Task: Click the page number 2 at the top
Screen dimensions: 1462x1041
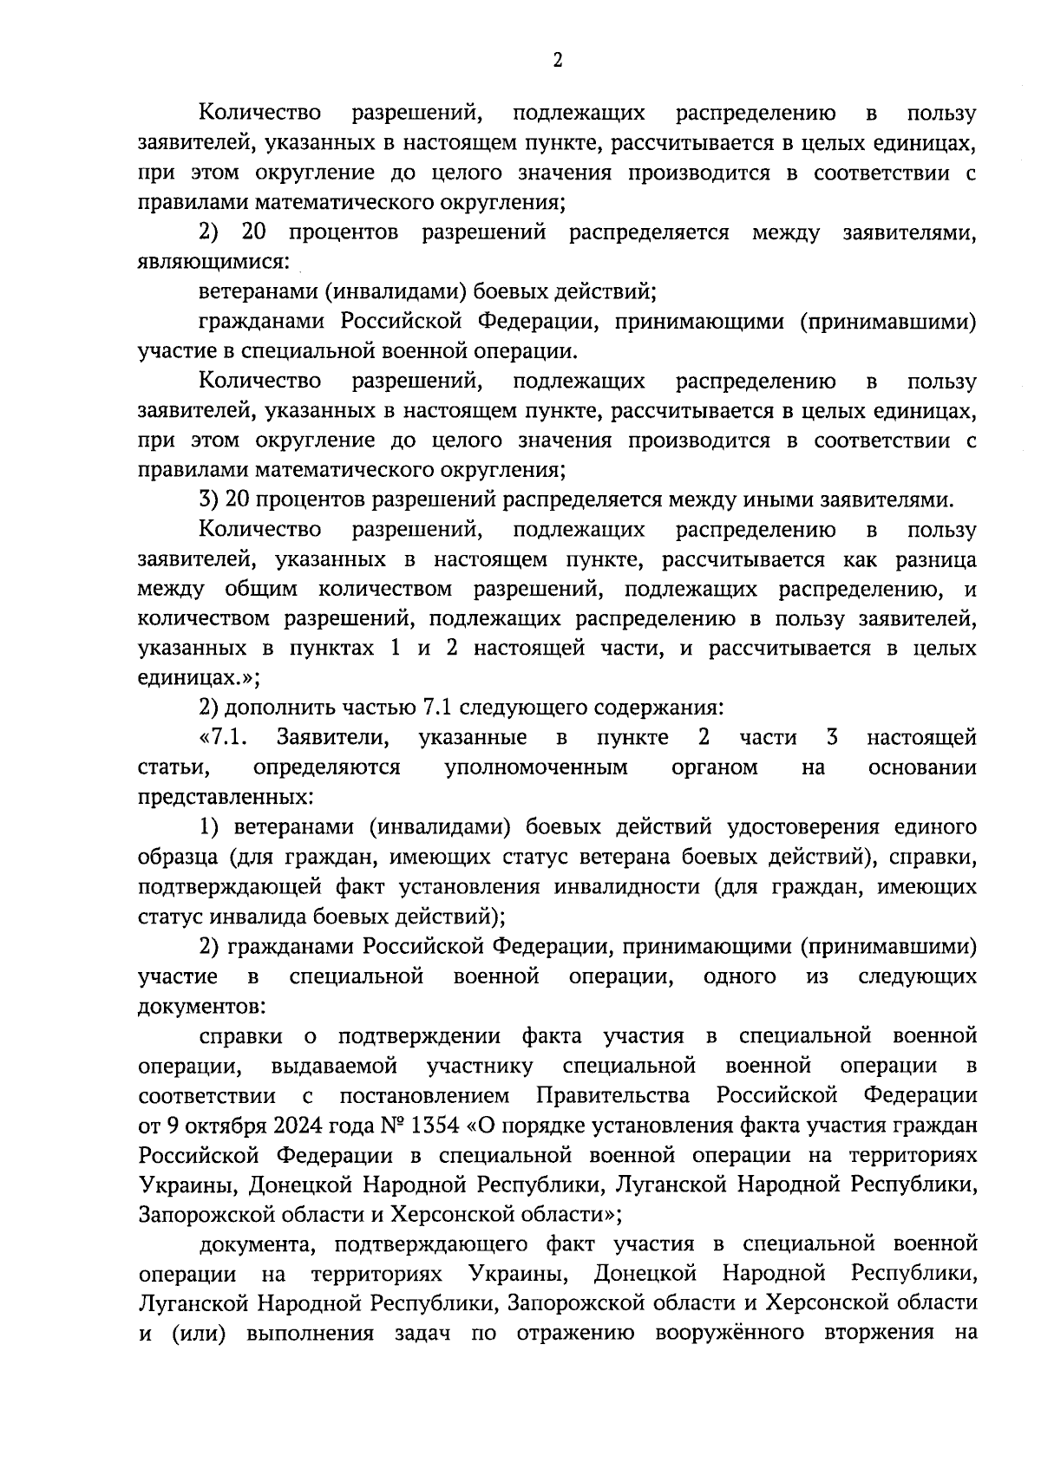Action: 558,60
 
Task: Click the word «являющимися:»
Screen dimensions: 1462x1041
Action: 213,261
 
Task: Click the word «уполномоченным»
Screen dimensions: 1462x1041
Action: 536,767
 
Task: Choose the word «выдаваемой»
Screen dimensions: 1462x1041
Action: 334,1065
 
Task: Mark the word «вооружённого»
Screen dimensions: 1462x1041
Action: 730,1333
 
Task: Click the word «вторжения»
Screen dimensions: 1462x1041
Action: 878,1333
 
